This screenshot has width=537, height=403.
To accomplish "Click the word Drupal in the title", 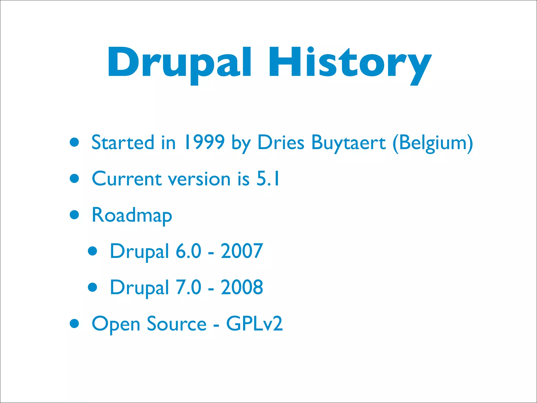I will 179,63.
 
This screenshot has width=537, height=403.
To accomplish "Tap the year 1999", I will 204,142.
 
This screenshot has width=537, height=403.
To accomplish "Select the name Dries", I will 281,142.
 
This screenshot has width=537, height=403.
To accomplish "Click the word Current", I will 127,179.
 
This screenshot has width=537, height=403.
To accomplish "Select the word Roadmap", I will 132,215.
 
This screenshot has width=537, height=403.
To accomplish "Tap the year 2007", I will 241,251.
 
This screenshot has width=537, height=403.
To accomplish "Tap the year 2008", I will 241,287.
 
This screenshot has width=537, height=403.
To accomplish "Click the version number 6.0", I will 188,251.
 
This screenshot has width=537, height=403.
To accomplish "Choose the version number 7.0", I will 188,287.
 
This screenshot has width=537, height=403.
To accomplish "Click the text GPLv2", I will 254,324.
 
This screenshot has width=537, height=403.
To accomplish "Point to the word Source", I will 176,324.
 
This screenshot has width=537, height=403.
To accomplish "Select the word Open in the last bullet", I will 116,324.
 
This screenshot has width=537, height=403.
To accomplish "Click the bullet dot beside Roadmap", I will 74,215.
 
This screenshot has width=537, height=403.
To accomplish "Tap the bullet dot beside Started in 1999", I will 74,142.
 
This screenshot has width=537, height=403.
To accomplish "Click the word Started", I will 122,142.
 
